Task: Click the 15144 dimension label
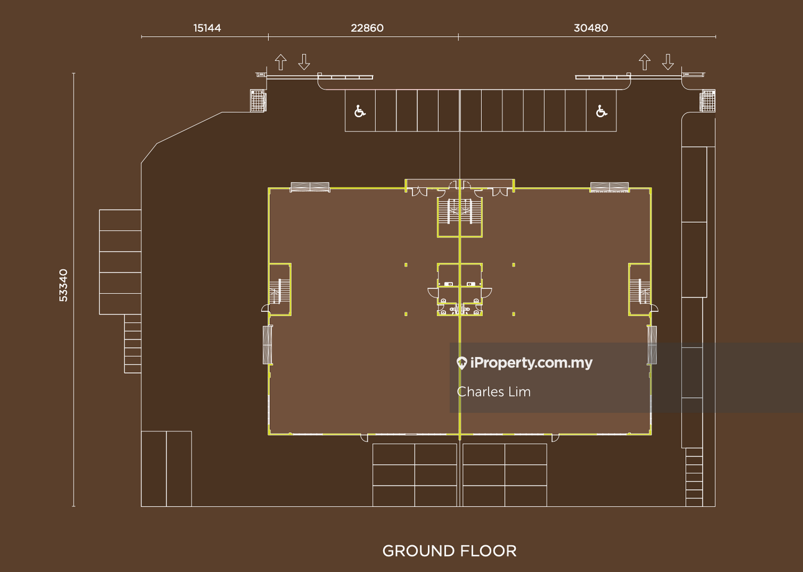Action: pyautogui.click(x=207, y=28)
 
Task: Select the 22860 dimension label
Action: pyautogui.click(x=367, y=28)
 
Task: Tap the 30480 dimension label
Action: pyautogui.click(x=591, y=28)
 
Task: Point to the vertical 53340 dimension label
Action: pyautogui.click(x=63, y=285)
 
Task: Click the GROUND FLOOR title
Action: pyautogui.click(x=449, y=551)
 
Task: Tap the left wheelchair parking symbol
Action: pyautogui.click(x=360, y=111)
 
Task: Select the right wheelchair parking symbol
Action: pyautogui.click(x=601, y=111)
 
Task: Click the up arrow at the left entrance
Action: pyautogui.click(x=280, y=62)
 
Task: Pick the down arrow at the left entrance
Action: pyautogui.click(x=304, y=62)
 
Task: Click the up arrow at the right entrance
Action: pyautogui.click(x=645, y=62)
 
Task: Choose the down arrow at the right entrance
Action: pyautogui.click(x=668, y=62)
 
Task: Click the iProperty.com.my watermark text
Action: pyautogui.click(x=531, y=363)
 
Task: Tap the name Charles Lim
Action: pyautogui.click(x=494, y=392)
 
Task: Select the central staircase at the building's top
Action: pyautogui.click(x=459, y=212)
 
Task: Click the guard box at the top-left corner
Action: pyautogui.click(x=258, y=101)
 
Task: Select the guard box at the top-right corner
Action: pyautogui.click(x=707, y=101)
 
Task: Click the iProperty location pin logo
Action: pyautogui.click(x=462, y=363)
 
